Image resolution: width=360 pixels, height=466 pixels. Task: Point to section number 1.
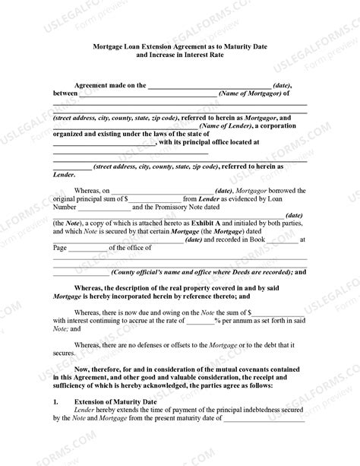55,401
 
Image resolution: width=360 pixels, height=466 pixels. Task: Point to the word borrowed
288,190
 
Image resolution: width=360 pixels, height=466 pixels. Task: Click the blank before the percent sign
201,322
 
